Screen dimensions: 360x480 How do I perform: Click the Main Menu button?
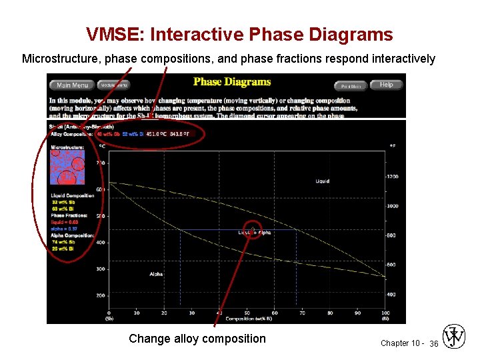click(72, 85)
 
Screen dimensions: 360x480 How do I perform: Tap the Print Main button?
click(351, 86)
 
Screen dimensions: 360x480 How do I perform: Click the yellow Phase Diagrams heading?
click(232, 82)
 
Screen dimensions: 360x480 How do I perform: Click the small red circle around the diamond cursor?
click(253, 229)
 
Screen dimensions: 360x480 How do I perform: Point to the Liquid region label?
click(323, 181)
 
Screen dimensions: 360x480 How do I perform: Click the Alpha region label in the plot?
click(156, 274)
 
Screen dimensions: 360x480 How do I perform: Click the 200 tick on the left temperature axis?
click(101, 295)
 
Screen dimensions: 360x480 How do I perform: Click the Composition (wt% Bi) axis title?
click(247, 319)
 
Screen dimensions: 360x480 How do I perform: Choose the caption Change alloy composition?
click(197, 339)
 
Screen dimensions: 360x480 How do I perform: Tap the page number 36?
click(433, 343)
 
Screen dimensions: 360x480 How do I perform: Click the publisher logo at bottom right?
click(454, 337)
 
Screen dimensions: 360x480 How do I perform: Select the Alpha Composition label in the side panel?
click(73, 235)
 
